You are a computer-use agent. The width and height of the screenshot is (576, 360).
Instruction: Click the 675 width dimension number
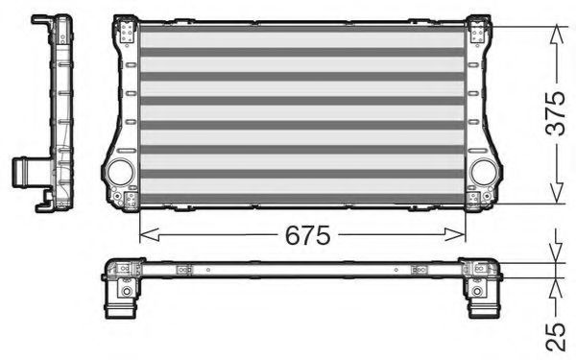(308, 235)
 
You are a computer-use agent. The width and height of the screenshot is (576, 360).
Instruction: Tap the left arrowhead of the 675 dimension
(149, 234)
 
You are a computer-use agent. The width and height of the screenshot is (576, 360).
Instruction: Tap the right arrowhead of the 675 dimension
(455, 234)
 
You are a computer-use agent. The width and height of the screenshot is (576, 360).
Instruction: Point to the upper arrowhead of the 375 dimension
(558, 35)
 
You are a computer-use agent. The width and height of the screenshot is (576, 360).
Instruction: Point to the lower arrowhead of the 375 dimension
(558, 193)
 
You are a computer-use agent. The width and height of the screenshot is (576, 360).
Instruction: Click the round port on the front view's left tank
(119, 172)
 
